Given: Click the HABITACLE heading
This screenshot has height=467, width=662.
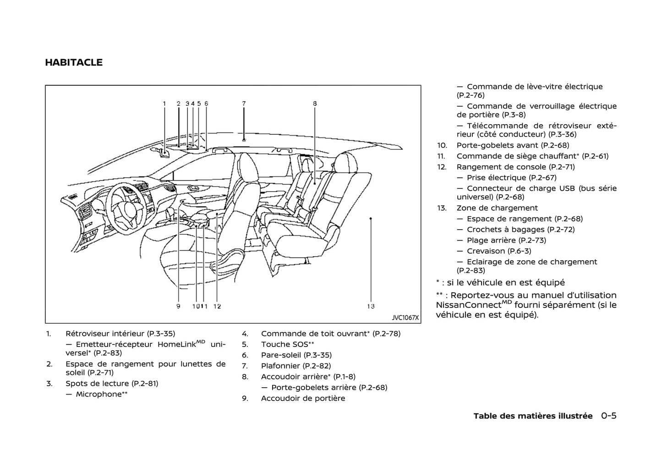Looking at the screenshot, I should coord(74,63).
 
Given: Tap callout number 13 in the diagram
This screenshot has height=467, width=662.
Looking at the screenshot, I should coord(371,306).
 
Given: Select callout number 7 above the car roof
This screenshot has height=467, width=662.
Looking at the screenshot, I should coord(244,104).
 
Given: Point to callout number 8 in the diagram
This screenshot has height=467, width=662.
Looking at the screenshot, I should coord(315,104).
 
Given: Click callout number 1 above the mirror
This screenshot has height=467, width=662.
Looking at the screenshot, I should coord(164,104).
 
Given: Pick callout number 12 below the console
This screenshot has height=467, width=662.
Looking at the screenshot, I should coord(217,306).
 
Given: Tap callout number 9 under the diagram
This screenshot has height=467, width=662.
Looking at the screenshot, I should coord(178,306).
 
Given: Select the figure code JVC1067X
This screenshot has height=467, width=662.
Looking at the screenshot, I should coord(405,318).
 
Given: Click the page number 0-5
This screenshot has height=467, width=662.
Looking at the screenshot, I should coord(609,416).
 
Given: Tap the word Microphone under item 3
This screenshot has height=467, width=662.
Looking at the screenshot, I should coord(98,395).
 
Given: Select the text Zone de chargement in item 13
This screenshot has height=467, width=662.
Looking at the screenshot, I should coord(497,208).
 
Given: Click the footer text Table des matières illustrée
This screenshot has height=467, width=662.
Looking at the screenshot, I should coord(533,416).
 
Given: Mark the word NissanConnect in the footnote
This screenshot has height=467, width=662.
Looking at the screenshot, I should coord(468,305).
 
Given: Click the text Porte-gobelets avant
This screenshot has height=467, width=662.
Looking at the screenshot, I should coord(497,145).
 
